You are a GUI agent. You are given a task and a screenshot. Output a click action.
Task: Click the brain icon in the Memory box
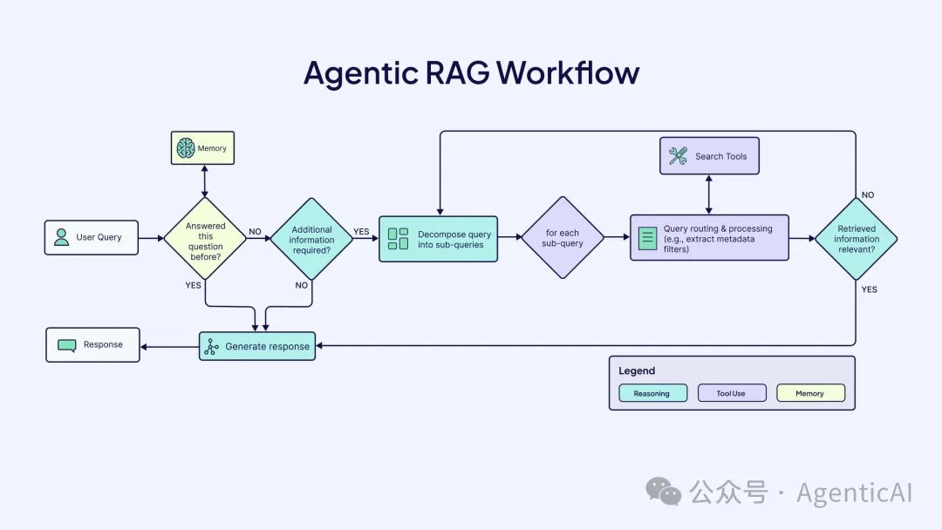click(x=185, y=148)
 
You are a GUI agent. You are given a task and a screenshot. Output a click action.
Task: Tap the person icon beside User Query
click(x=61, y=237)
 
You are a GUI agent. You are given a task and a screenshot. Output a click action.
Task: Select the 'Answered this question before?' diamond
click(x=205, y=237)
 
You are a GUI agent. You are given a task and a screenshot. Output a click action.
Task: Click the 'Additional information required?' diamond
click(x=311, y=239)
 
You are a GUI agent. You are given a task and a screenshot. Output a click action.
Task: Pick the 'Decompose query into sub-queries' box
click(x=438, y=239)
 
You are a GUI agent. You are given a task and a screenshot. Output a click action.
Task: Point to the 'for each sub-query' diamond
click(x=563, y=238)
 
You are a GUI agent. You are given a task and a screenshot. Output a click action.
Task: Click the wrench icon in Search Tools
click(x=678, y=156)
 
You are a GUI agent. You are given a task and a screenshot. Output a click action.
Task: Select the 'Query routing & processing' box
click(x=709, y=237)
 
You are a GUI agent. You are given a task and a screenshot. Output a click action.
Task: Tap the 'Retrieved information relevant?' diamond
click(x=856, y=239)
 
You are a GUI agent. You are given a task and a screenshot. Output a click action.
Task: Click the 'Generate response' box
click(x=257, y=346)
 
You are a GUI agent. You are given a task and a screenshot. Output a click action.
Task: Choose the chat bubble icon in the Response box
click(x=67, y=345)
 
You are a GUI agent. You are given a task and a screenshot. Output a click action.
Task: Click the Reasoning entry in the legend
click(x=652, y=393)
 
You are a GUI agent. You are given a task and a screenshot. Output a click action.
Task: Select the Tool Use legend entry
click(x=731, y=393)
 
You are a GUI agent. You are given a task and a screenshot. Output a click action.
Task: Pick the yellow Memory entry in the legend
click(x=810, y=393)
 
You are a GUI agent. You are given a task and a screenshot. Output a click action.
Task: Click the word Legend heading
click(x=637, y=370)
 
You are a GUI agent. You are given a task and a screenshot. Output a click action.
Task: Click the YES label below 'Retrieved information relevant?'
click(x=870, y=289)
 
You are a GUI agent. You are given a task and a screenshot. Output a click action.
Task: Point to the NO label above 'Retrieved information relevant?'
click(x=868, y=195)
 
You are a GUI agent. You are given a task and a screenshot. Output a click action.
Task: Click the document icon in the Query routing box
click(x=647, y=238)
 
